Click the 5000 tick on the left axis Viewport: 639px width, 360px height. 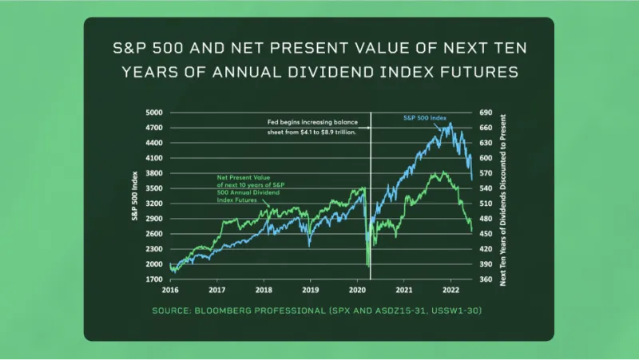pyautogui.click(x=154, y=113)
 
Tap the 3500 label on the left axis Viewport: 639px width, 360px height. pyautogui.click(x=154, y=188)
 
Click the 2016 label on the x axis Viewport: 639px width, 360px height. pyautogui.click(x=169, y=290)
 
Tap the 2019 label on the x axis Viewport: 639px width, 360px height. pyautogui.click(x=310, y=290)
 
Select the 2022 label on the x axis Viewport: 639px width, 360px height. pyautogui.click(x=450, y=290)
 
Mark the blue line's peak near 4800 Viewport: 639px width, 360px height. pyautogui.click(x=450, y=124)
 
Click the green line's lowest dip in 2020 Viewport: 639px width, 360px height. pyautogui.click(x=367, y=266)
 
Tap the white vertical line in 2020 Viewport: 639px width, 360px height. pyautogui.click(x=371, y=200)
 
